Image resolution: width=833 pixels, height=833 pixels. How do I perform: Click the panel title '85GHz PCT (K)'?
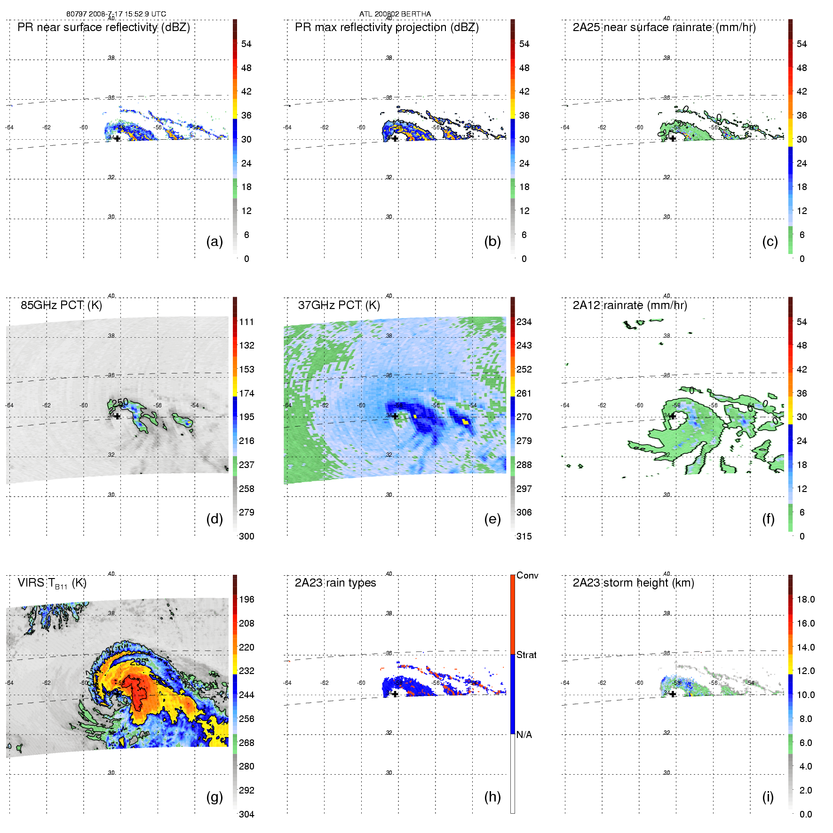(x=61, y=305)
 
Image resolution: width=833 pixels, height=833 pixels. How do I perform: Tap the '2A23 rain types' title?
(x=335, y=583)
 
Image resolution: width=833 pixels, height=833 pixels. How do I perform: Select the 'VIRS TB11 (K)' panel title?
(x=52, y=583)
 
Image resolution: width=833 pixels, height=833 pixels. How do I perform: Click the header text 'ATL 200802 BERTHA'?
(x=395, y=14)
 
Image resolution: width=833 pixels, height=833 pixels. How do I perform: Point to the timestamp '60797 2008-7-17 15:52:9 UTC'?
(x=116, y=14)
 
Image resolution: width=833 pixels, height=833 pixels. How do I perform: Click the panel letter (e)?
(x=492, y=519)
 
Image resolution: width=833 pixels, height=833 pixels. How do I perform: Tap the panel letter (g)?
(x=214, y=797)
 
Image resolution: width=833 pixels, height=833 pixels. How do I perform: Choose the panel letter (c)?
(x=770, y=241)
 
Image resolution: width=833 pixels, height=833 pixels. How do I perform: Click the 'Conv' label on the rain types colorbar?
(x=527, y=575)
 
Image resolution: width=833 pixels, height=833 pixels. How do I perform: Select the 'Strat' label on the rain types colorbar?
(x=526, y=655)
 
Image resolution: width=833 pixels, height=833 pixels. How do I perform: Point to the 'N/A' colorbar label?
(x=524, y=735)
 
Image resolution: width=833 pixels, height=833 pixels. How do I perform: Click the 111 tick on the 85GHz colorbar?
(x=246, y=322)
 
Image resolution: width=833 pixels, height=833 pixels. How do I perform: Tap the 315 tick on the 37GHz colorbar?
(x=524, y=536)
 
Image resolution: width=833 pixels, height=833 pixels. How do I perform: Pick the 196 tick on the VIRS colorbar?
(x=246, y=599)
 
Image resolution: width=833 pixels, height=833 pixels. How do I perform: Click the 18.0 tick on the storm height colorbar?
(x=805, y=599)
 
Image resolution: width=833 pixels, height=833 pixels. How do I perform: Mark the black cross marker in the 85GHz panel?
(x=117, y=416)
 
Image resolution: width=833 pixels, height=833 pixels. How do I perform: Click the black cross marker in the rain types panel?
(x=395, y=694)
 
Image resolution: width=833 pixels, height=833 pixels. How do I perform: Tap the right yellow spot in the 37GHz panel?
(x=465, y=421)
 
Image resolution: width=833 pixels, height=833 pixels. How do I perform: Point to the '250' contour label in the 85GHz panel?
(x=120, y=402)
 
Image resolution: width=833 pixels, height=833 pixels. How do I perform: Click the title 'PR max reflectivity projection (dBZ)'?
(x=387, y=27)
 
